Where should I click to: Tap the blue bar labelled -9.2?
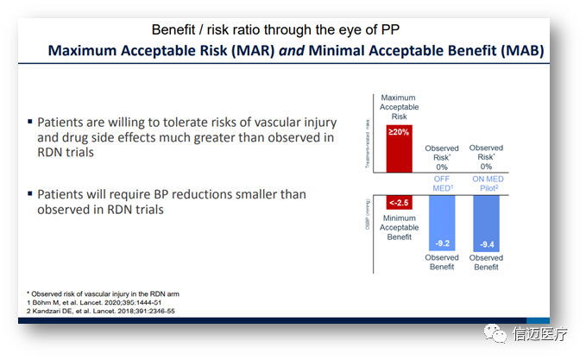pos(442,224)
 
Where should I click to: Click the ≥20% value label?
pos(398,132)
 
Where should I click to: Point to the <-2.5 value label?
pos(398,202)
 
